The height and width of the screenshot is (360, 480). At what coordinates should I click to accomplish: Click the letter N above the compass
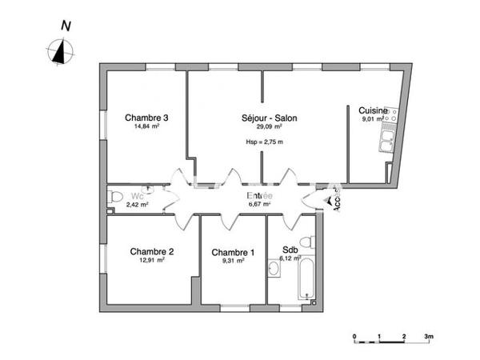[x=66, y=26]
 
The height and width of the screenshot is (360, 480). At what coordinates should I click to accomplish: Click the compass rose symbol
[x=59, y=52]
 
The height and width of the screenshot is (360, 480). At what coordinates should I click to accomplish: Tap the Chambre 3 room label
[x=146, y=118]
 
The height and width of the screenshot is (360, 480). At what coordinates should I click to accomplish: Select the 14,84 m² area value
[x=146, y=126]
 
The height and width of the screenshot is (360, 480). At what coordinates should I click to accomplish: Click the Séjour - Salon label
[x=269, y=118]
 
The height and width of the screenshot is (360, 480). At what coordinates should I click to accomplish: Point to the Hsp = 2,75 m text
[x=264, y=142]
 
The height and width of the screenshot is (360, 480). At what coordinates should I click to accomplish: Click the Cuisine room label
[x=373, y=110]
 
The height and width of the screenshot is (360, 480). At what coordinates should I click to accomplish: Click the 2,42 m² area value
[x=137, y=205]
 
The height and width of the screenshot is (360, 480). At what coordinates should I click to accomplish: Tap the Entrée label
[x=259, y=196]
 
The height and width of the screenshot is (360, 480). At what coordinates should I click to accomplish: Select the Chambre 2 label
[x=152, y=251]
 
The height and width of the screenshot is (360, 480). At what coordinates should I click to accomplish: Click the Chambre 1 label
[x=233, y=252]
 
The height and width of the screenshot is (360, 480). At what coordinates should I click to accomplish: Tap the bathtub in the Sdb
[x=306, y=278]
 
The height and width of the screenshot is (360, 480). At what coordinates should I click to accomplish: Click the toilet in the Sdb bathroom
[x=305, y=242]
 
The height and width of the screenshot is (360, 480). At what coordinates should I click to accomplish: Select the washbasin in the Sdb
[x=274, y=269]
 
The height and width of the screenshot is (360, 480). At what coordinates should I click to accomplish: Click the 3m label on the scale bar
[x=428, y=337]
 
